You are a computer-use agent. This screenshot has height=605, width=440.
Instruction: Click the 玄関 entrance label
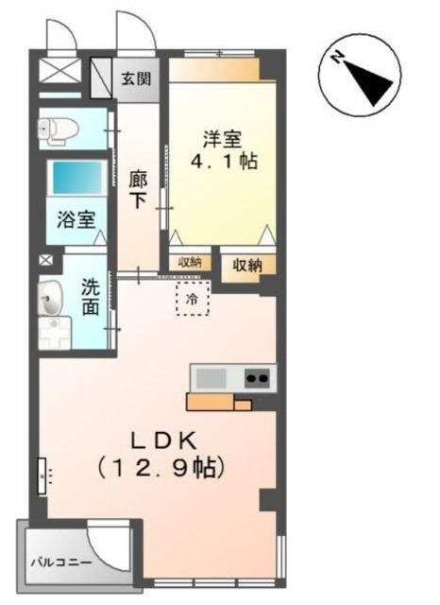(x=135, y=78)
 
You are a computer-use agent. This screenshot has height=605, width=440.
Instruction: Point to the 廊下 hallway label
(x=137, y=188)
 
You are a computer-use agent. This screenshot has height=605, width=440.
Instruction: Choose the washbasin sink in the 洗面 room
(x=53, y=301)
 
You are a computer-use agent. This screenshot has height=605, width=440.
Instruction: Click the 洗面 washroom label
(x=92, y=295)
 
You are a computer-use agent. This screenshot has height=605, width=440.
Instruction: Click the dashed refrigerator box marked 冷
(x=194, y=299)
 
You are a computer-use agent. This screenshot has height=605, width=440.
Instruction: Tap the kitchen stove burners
(x=256, y=378)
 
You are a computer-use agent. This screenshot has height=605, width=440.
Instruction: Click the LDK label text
(x=162, y=440)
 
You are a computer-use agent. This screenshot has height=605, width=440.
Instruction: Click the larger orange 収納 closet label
(x=248, y=266)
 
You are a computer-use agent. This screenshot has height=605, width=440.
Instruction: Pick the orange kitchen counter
(x=218, y=401)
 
